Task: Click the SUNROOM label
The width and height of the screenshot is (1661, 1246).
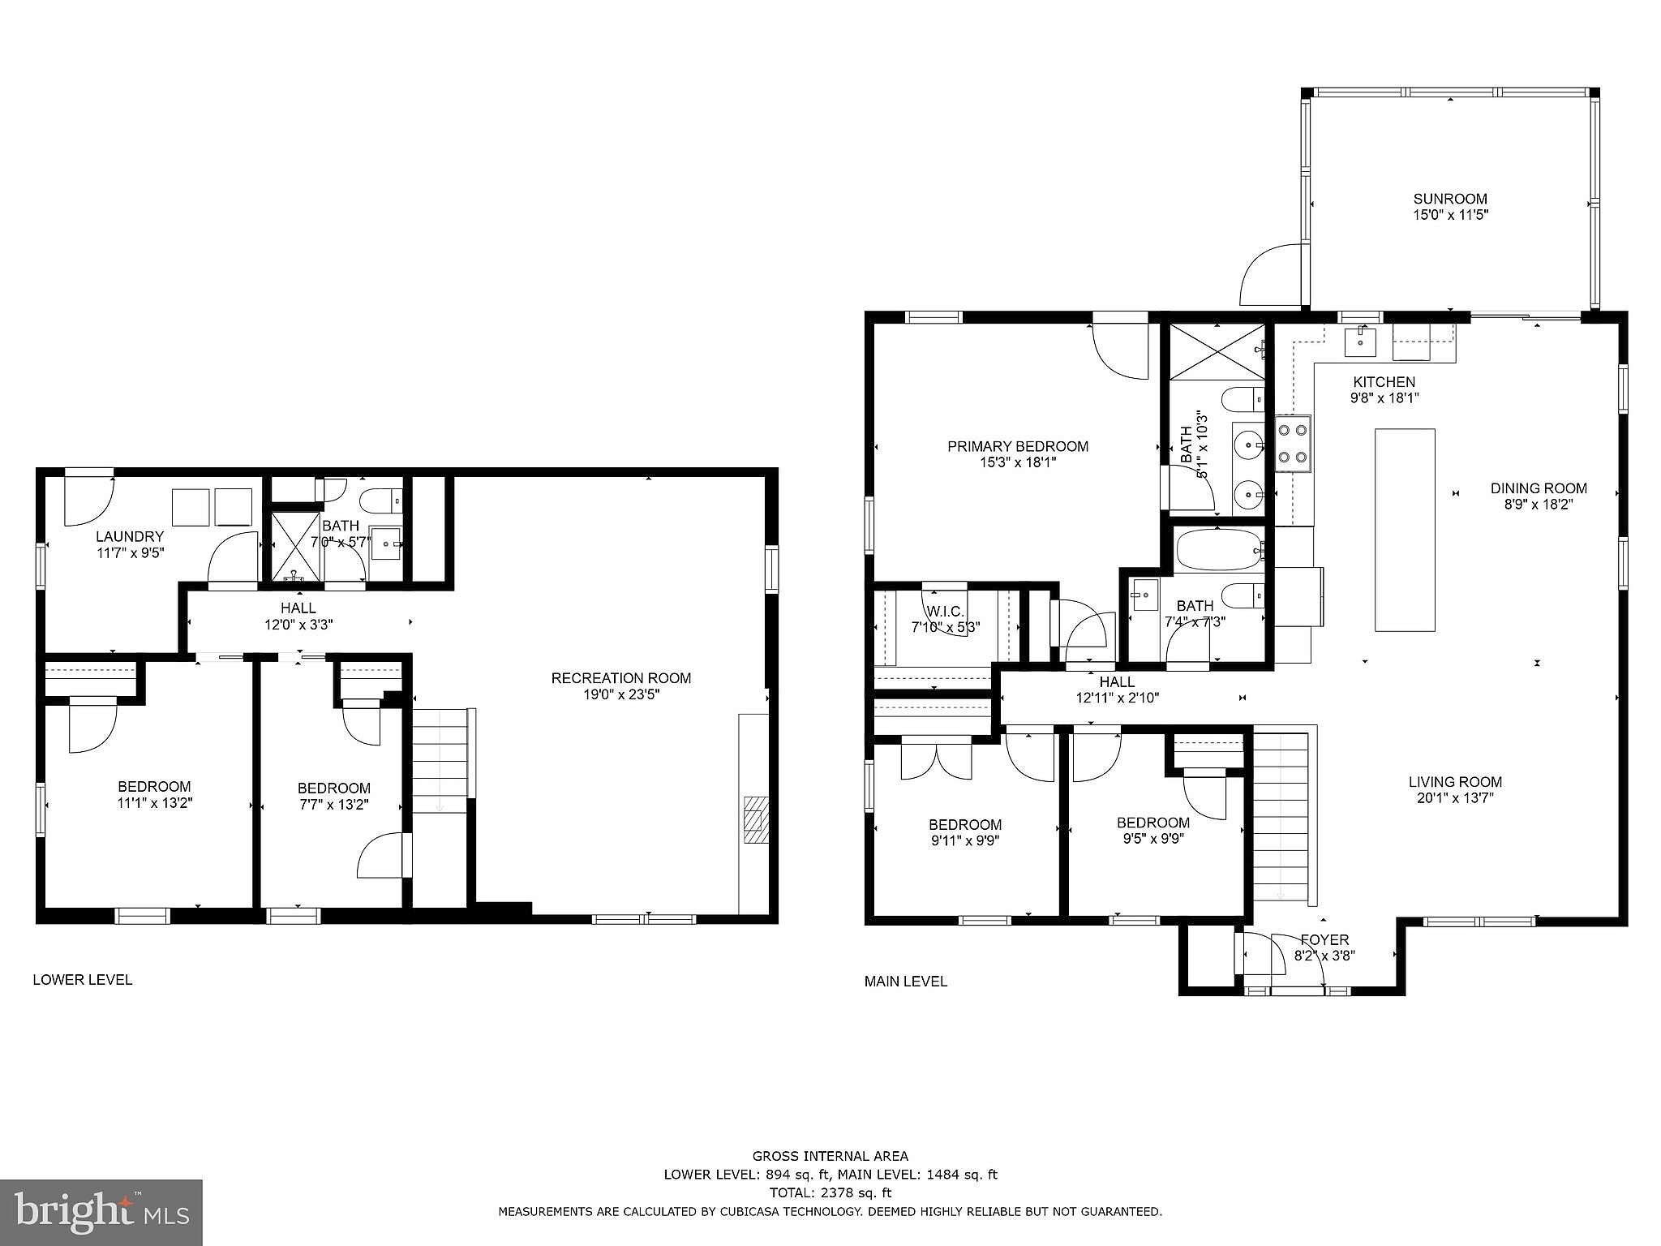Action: coord(1450,199)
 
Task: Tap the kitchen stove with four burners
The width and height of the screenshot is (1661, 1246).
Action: coord(1293,444)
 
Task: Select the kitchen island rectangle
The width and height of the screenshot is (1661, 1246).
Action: coord(1405,530)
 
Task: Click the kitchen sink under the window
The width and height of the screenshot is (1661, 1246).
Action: coord(1360,341)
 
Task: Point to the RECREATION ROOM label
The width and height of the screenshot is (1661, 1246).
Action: coord(621,678)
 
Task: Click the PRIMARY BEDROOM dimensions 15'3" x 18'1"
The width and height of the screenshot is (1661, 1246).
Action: coord(1018,462)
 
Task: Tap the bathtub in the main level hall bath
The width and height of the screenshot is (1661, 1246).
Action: coord(1219,551)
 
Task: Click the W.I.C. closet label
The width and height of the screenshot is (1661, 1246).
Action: coord(946,611)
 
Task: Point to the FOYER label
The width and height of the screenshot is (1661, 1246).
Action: coord(1324,940)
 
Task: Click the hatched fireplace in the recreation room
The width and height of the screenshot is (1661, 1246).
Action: coord(756,821)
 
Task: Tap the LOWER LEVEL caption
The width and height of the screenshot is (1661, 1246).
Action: coord(83,979)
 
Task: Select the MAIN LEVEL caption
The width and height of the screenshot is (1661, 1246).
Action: coord(906,981)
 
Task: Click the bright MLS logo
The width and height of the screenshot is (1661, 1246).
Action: coord(101,1212)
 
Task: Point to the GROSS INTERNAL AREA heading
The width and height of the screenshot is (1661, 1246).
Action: coord(830,1156)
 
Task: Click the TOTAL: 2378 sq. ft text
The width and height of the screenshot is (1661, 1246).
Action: coord(830,1192)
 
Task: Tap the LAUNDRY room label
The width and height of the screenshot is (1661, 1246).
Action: coord(130,536)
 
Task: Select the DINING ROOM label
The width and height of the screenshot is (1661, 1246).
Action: coord(1539,488)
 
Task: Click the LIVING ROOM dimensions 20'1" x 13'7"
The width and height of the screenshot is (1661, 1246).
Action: coord(1456,798)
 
